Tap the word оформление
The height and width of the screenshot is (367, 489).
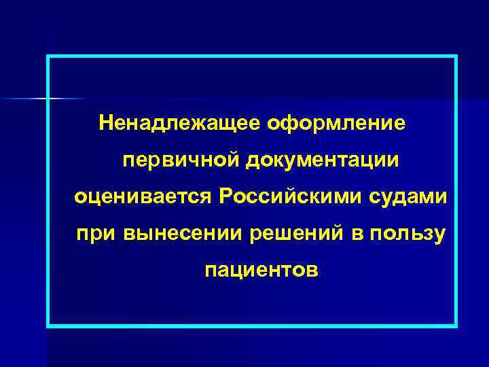click(336, 124)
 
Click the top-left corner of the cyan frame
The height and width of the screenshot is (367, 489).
click(48, 57)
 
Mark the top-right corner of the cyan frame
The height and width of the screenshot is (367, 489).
click(456, 57)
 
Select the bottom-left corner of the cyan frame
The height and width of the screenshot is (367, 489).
click(48, 326)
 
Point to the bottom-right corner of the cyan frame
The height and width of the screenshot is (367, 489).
click(456, 326)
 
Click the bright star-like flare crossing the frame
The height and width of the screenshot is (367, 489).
click(48, 99)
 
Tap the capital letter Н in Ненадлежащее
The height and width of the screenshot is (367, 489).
click(106, 124)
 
